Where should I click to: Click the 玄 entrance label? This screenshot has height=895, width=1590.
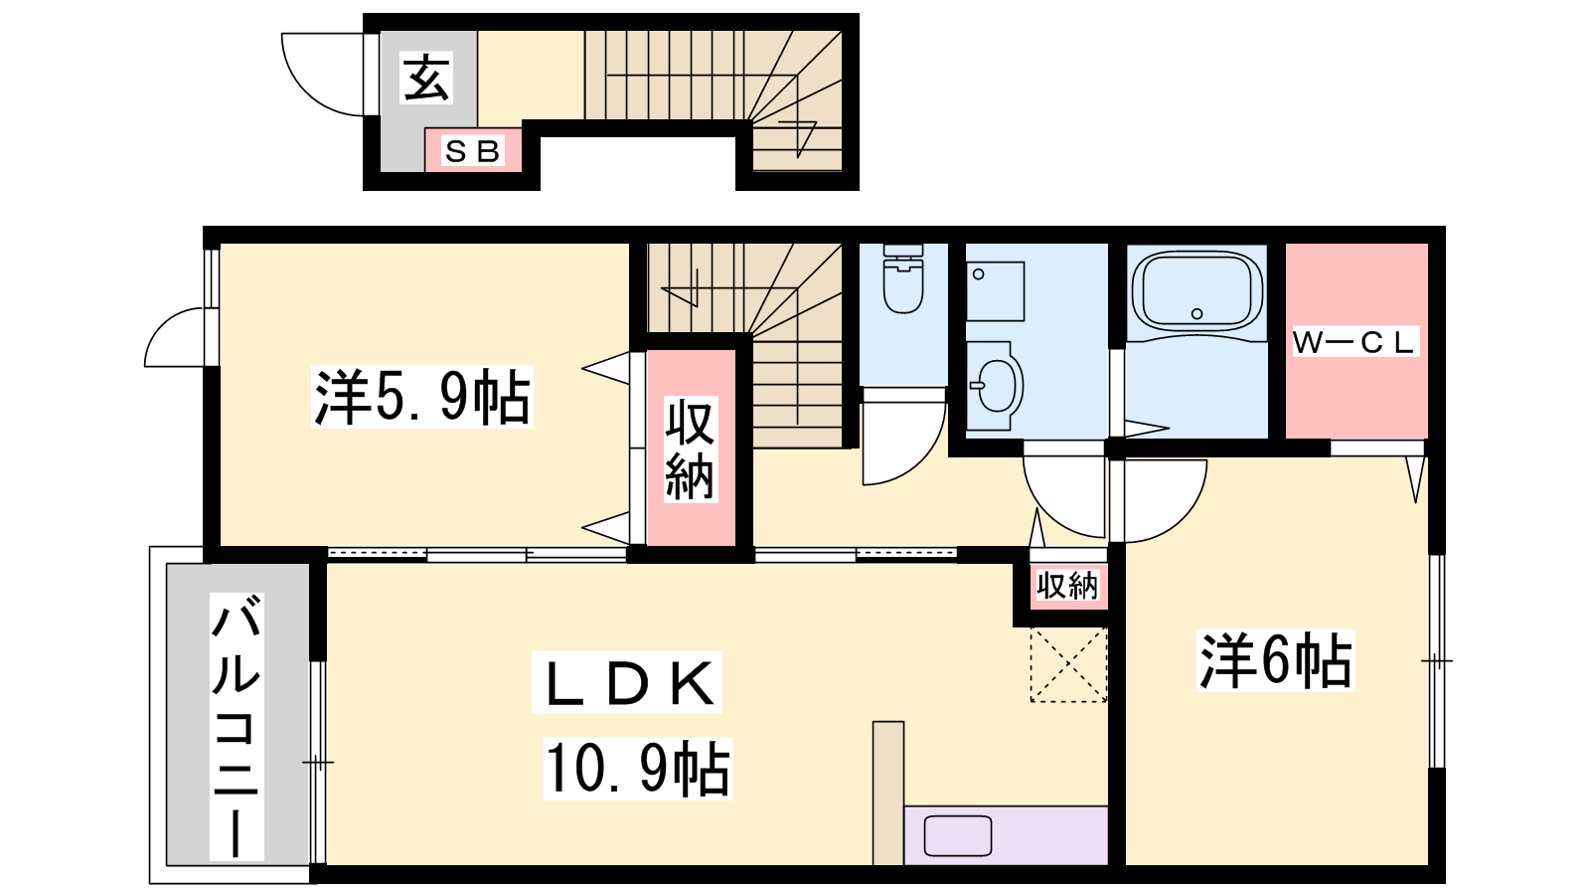tap(426, 79)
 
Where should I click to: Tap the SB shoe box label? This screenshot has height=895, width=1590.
tap(473, 151)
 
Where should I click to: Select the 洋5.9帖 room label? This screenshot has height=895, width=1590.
tap(422, 397)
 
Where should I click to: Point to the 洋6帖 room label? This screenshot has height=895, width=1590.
tap(1276, 660)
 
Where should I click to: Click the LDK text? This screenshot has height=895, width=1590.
tap(627, 682)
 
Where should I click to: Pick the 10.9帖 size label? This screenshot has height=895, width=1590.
tap(637, 769)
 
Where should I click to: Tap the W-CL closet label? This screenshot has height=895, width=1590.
tap(1354, 342)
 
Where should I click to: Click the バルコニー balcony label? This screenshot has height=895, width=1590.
tap(237, 726)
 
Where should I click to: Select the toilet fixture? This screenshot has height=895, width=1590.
tap(903, 279)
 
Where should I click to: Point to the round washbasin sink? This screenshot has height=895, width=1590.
tap(996, 386)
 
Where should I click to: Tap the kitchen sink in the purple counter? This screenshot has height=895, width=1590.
tap(958, 835)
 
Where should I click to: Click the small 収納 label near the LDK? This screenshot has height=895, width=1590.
tap(1067, 586)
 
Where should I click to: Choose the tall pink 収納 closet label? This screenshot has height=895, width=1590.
tap(690, 448)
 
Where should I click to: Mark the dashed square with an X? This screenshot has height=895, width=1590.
tap(1068, 665)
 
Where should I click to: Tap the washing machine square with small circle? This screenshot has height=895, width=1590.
tap(995, 291)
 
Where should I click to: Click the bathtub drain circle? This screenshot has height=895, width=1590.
tap(1196, 313)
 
